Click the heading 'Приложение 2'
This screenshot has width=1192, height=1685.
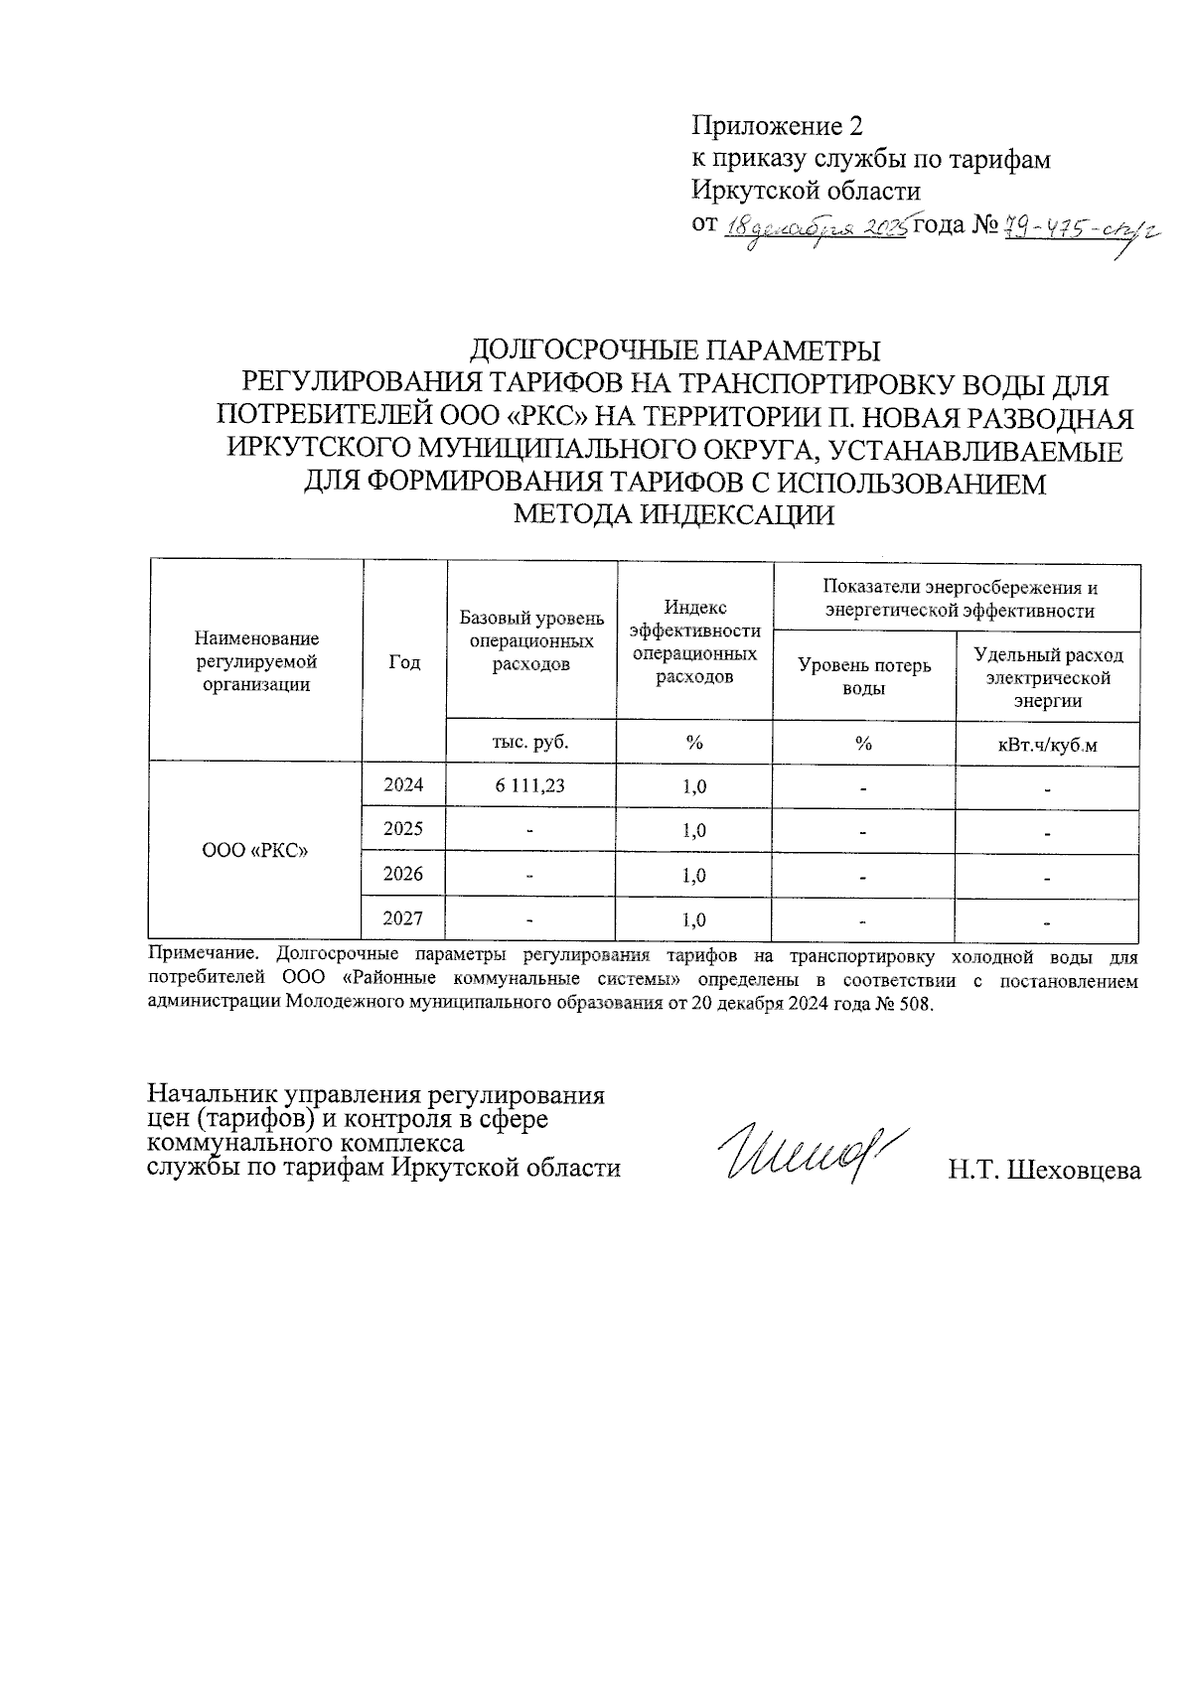coord(777,126)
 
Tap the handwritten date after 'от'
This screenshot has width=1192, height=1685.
coord(817,226)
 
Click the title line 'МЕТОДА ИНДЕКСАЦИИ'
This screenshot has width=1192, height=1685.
coord(672,515)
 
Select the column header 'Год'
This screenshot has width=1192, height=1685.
coord(404,662)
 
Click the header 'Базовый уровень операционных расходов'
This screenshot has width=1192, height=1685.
coord(531,641)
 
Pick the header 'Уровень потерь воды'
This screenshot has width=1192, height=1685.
coord(864,675)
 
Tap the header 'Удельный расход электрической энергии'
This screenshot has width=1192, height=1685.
coord(1048,676)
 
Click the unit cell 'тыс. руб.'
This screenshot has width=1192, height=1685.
coord(531,741)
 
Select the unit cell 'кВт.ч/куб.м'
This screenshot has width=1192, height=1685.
coord(1048,745)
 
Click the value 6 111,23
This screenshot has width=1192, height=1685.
coord(530,785)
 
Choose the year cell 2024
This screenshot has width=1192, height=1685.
coord(404,785)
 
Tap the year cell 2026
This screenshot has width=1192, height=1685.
coord(404,874)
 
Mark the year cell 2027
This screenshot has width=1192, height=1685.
coord(404,919)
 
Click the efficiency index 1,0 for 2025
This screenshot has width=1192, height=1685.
coord(694,830)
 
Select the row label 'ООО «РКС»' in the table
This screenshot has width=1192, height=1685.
coord(254,851)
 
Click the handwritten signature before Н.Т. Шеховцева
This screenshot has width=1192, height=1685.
coord(800,1153)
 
